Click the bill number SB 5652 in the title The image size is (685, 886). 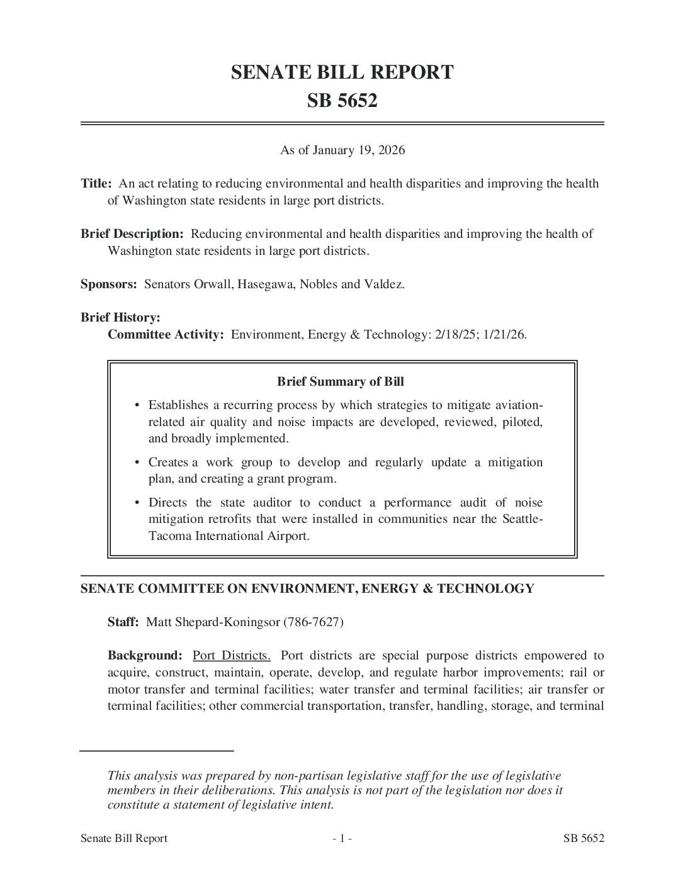pyautogui.click(x=342, y=101)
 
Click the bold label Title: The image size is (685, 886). pyautogui.click(x=96, y=184)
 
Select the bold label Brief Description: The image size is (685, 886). pyautogui.click(x=132, y=234)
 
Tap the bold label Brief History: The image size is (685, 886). pyautogui.click(x=120, y=318)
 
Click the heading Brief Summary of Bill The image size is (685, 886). pyautogui.click(x=341, y=382)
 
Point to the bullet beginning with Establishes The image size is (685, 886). pyautogui.click(x=178, y=405)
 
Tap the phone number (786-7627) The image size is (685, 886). pyautogui.click(x=313, y=622)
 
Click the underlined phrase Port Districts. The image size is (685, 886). pyautogui.click(x=232, y=656)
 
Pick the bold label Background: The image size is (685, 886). pyautogui.click(x=145, y=656)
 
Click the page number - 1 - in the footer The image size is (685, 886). pyautogui.click(x=342, y=838)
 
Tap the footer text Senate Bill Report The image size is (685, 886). pyautogui.click(x=124, y=838)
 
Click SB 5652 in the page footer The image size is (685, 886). pyautogui.click(x=584, y=838)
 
